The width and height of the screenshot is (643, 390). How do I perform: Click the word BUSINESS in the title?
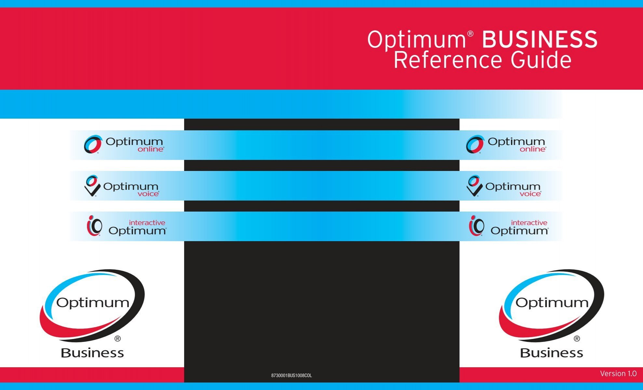540,40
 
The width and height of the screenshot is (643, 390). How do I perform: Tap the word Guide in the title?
541,60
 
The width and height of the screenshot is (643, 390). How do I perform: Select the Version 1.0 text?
618,374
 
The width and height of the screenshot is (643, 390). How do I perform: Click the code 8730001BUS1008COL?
291,376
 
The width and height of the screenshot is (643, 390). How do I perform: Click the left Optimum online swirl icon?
93,144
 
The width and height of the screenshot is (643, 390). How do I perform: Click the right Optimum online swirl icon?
475,144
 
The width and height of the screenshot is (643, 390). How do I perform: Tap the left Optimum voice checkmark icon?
92,186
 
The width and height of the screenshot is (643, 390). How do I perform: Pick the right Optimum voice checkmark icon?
474,186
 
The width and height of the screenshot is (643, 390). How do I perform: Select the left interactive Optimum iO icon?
94,226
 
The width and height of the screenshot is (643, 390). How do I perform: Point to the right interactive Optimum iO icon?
476,226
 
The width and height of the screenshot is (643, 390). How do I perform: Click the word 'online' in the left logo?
151,149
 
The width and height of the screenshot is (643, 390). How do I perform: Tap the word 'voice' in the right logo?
530,194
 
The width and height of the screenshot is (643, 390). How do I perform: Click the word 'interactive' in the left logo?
147,223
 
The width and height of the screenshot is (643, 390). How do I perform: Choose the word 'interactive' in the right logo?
529,223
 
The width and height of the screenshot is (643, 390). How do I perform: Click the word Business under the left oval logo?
92,353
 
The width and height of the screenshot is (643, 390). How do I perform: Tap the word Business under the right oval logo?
552,353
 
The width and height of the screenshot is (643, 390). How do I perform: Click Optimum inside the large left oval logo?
93,303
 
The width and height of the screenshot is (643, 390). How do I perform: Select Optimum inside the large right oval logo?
552,303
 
